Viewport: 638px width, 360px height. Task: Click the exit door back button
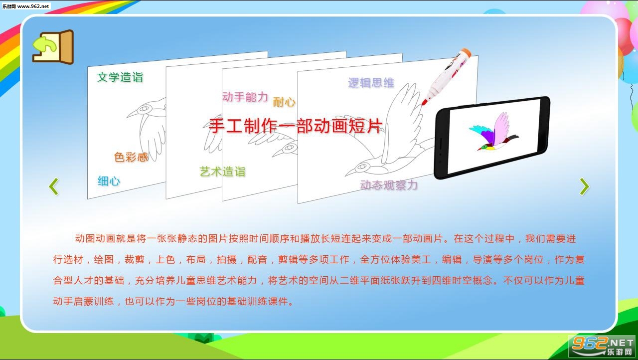[x=53, y=47]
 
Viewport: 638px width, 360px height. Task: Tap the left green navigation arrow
[x=54, y=186]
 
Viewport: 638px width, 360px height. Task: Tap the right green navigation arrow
[x=584, y=186]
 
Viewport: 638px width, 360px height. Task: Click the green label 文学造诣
[x=120, y=77]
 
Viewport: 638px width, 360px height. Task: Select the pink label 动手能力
[x=245, y=97]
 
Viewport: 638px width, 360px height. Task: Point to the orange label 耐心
[x=284, y=102]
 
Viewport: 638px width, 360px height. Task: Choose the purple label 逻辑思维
[x=371, y=83]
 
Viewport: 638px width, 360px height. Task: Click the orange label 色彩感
[x=131, y=157]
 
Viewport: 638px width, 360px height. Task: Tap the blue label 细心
[x=109, y=181]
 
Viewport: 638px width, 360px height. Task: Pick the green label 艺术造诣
[x=222, y=172]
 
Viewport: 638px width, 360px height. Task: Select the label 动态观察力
[x=389, y=185]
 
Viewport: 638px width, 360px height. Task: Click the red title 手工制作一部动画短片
[x=296, y=126]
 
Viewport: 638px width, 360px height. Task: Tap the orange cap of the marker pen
[x=466, y=52]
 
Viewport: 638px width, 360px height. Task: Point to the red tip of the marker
[x=424, y=101]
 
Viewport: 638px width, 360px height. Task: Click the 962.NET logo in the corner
[x=602, y=346]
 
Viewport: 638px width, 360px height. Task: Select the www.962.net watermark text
[x=33, y=6]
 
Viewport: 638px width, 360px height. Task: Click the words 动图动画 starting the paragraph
[x=95, y=238]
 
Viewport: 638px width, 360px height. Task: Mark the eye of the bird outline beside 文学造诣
[x=145, y=109]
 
